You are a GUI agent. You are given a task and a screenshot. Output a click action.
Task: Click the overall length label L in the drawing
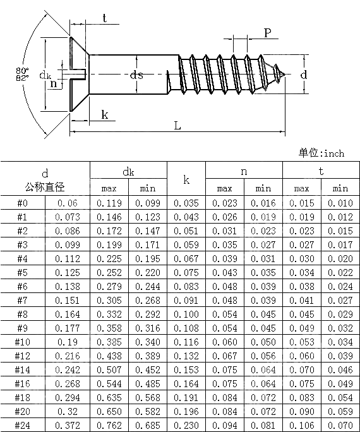(177, 125)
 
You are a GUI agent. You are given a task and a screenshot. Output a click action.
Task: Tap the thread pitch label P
(268, 33)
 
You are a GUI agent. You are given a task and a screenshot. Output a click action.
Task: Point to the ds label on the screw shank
(136, 75)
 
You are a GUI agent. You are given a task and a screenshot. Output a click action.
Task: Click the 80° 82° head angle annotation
(22, 74)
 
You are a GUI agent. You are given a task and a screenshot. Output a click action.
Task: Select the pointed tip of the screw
(287, 75)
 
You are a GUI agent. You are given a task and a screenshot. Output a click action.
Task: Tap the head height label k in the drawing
(104, 114)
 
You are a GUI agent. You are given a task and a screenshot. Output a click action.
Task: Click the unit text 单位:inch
(321, 153)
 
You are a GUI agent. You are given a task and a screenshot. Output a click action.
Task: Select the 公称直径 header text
(45, 188)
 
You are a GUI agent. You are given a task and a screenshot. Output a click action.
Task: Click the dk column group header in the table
(128, 171)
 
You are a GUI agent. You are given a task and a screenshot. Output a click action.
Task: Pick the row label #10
(22, 342)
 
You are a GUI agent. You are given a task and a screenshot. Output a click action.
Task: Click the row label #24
(22, 425)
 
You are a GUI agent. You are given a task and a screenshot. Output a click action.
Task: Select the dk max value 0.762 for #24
(109, 425)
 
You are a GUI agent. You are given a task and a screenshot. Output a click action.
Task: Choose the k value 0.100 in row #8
(186, 314)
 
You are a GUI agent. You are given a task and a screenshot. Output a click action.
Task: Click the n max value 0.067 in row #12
(225, 356)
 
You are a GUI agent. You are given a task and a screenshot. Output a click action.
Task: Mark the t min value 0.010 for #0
(340, 203)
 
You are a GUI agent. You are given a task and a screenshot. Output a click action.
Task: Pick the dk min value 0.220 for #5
(148, 272)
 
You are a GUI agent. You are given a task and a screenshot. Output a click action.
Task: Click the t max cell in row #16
(302, 383)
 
